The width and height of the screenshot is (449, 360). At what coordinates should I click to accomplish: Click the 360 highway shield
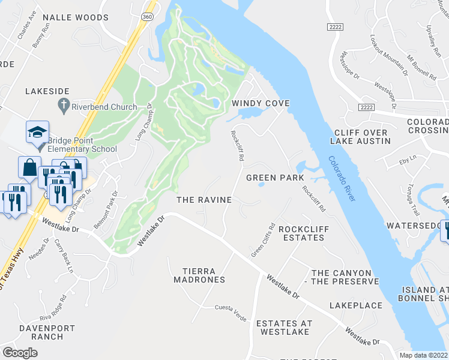tap(146, 16)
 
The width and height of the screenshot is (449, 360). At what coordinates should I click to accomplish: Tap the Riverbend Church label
tap(104, 107)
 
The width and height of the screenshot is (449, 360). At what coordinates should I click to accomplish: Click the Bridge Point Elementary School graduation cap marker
tap(37, 131)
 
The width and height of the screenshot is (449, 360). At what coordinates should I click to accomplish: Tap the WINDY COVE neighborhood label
tap(261, 104)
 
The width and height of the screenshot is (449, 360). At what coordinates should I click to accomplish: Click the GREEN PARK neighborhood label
tap(276, 178)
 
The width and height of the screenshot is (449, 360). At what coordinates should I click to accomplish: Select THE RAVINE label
tap(203, 200)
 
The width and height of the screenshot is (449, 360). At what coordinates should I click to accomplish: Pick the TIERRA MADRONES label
tap(199, 275)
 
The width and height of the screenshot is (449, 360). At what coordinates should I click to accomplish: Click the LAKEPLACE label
tap(355, 305)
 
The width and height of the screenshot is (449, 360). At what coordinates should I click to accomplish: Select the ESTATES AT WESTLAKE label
tap(285, 328)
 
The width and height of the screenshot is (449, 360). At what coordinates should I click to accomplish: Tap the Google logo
tap(20, 353)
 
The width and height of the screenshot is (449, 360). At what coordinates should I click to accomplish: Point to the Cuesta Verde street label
tap(231, 308)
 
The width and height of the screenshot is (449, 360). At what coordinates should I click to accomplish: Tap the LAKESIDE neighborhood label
tap(47, 91)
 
